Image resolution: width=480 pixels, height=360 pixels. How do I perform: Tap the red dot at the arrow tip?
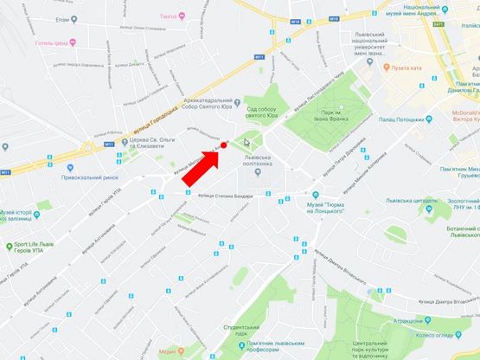coord(224,145)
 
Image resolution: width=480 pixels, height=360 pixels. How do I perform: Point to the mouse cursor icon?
coord(246,143)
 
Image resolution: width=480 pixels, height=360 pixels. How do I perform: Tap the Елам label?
coord(61,18)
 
